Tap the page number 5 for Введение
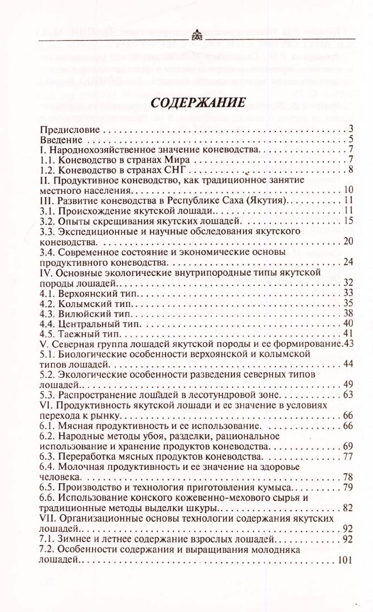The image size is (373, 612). tap(350, 140)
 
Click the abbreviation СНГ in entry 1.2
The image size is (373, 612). tap(179, 170)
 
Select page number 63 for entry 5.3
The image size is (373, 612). tap(347, 395)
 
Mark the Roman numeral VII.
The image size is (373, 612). tap(46, 518)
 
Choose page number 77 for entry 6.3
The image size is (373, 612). tap(347, 458)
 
